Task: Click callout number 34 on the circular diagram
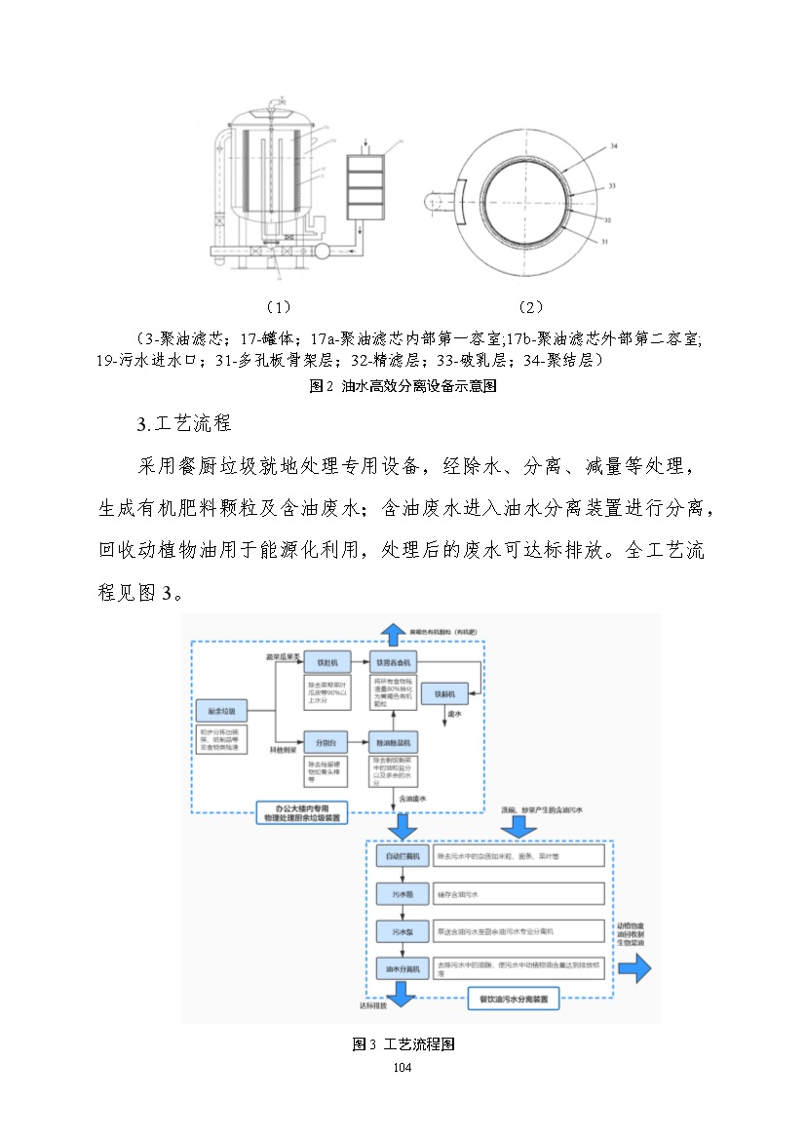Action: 613,145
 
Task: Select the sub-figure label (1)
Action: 278,307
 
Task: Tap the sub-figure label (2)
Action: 530,307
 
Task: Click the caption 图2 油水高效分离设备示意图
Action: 403,386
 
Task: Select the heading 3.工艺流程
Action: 185,424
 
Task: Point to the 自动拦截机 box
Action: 402,855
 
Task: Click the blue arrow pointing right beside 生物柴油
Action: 633,969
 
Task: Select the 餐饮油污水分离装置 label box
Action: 513,1000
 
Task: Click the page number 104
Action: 403,1069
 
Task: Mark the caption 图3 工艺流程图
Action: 403,1044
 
